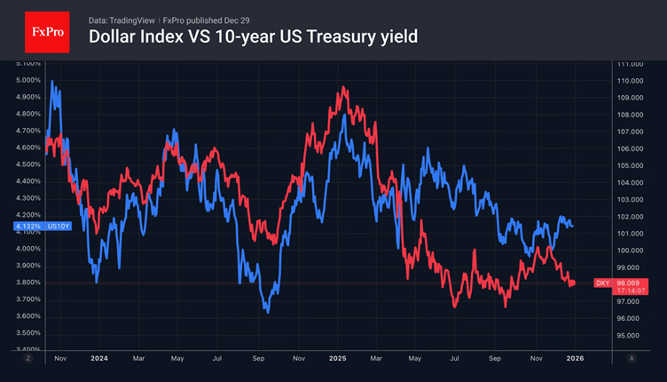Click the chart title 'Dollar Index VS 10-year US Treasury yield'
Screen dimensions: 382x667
pyautogui.click(x=253, y=37)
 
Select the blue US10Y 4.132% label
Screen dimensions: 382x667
pyautogui.click(x=41, y=227)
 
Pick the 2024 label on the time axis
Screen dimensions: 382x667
pyautogui.click(x=98, y=358)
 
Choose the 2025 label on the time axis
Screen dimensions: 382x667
pyautogui.click(x=336, y=358)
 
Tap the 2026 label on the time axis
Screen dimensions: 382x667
pyautogui.click(x=574, y=358)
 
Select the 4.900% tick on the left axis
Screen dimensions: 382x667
pyautogui.click(x=28, y=97)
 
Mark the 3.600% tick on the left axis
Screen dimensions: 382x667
pyautogui.click(x=28, y=316)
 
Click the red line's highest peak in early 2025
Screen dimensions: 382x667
pyautogui.click(x=343, y=87)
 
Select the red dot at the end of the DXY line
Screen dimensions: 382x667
pyautogui.click(x=572, y=283)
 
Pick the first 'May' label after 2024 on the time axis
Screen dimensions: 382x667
pyautogui.click(x=177, y=358)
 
